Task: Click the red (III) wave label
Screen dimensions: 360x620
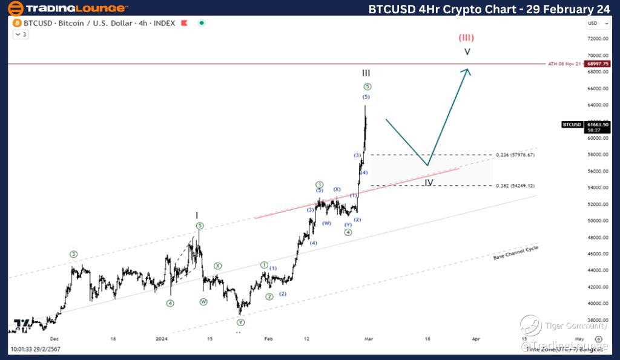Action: click(x=466, y=37)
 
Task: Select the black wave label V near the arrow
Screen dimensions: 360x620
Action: click(x=467, y=52)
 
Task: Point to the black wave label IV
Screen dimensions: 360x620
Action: click(x=429, y=182)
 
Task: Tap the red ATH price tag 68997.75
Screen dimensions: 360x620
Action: click(x=598, y=64)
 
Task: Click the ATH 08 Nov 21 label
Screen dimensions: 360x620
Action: click(x=564, y=64)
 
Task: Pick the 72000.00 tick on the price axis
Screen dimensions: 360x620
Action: click(x=598, y=39)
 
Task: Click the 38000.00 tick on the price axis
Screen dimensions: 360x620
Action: click(x=598, y=320)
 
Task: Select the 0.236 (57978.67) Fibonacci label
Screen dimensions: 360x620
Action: click(x=515, y=155)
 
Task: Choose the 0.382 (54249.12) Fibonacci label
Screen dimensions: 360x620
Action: click(x=515, y=186)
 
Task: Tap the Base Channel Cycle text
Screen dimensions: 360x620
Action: click(x=515, y=253)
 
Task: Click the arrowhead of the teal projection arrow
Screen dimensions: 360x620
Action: click(x=466, y=71)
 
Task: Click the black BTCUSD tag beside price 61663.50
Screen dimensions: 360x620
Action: click(x=572, y=125)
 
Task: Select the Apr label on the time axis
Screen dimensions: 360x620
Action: click(x=476, y=339)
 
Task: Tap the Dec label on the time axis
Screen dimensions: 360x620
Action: click(x=54, y=339)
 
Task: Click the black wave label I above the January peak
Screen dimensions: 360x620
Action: click(x=197, y=215)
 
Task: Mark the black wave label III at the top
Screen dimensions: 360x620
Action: click(x=366, y=73)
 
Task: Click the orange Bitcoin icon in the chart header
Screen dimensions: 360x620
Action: click(x=16, y=23)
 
